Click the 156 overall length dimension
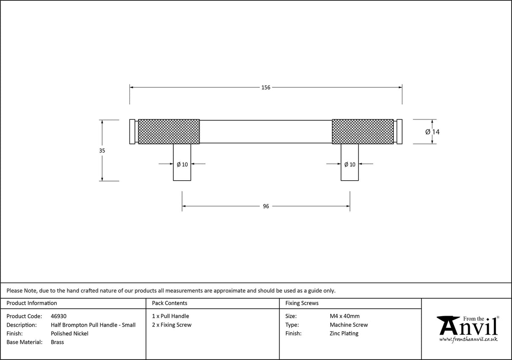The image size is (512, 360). (266, 88)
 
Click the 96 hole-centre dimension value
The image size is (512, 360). (266, 206)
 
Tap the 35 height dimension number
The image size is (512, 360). (102, 151)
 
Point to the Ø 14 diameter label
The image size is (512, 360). (432, 132)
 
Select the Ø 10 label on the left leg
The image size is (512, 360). (182, 165)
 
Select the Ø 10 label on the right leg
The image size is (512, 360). (350, 165)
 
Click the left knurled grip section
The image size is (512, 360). (169, 132)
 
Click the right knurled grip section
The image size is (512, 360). (363, 132)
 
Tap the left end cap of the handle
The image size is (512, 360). (132, 132)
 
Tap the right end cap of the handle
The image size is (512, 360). (399, 132)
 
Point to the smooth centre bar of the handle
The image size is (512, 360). (266, 132)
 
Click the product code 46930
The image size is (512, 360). (59, 316)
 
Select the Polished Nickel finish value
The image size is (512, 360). (70, 333)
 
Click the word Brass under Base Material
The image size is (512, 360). (57, 342)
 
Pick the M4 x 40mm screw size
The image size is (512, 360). (345, 316)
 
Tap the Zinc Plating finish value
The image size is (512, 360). (344, 333)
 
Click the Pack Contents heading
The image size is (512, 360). (170, 303)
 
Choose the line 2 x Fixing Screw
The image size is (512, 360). (172, 325)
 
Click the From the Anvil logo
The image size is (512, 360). (468, 329)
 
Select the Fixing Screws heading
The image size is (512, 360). (302, 303)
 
